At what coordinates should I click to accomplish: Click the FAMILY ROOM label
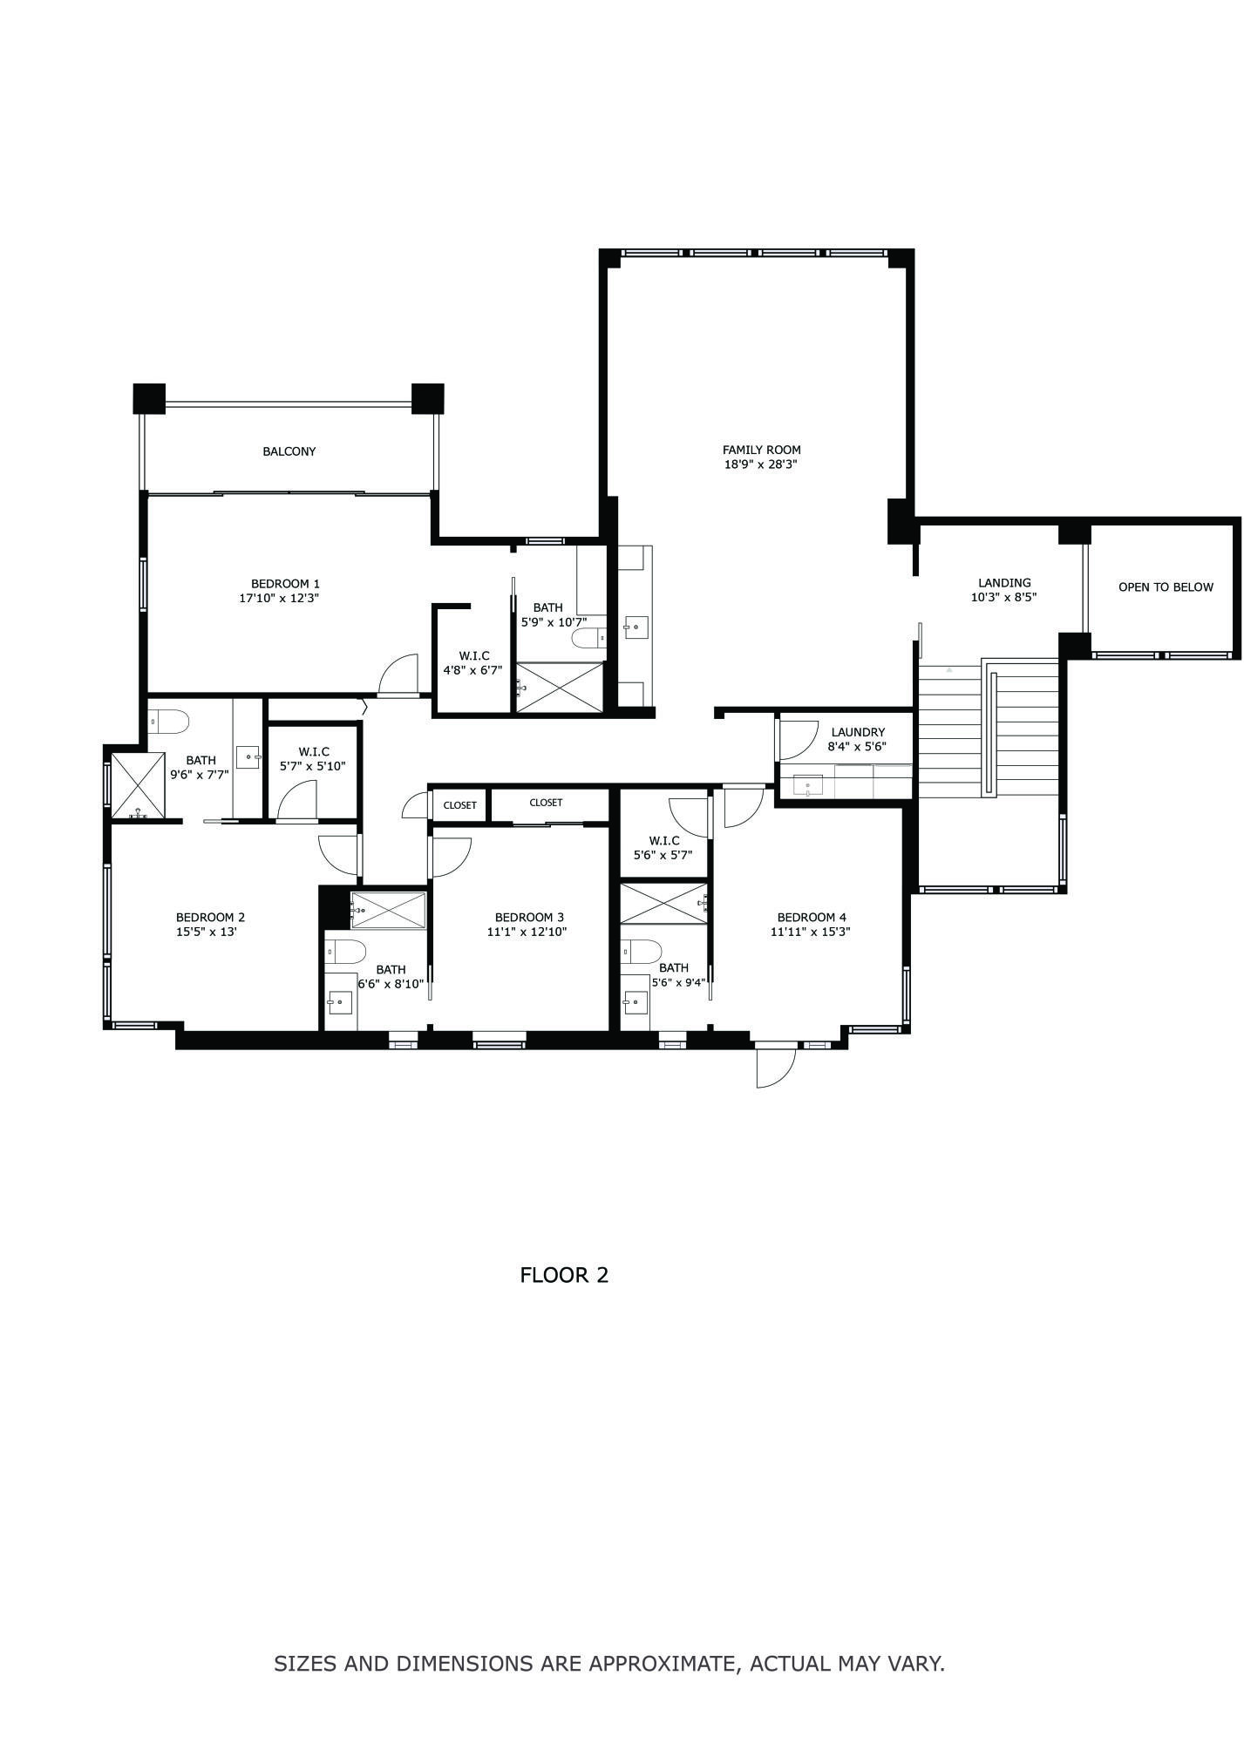(x=761, y=450)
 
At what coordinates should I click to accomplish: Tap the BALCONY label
(x=289, y=451)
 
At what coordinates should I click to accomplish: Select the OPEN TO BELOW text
(x=1166, y=587)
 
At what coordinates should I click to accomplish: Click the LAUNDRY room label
(x=858, y=732)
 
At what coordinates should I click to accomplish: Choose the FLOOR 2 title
(x=564, y=1276)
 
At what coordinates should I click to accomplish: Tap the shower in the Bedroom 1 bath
(x=560, y=688)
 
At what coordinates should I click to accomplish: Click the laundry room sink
(x=807, y=785)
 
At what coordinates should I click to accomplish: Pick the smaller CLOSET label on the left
(x=459, y=805)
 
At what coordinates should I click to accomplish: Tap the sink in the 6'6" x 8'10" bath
(x=340, y=1002)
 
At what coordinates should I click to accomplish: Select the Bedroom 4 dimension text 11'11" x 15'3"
(x=811, y=932)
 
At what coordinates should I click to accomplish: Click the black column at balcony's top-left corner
(x=149, y=398)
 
